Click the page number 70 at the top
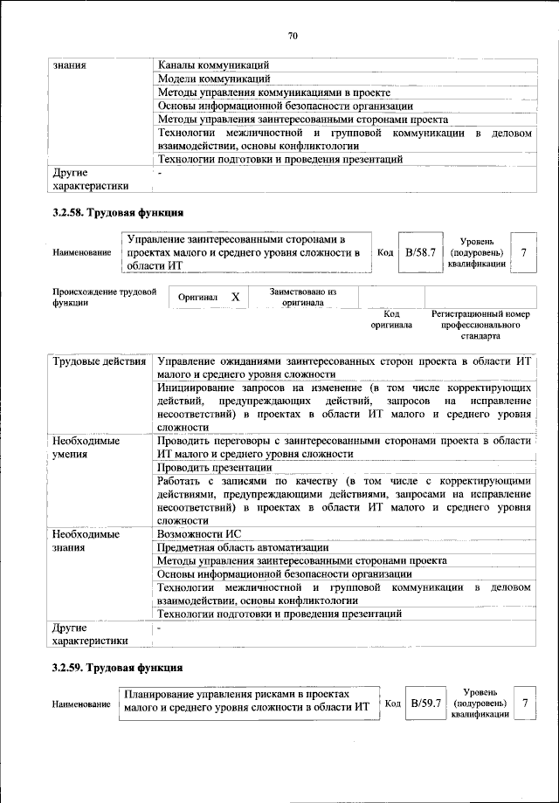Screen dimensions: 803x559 click(x=293, y=36)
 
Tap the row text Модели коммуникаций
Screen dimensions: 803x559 click(x=211, y=79)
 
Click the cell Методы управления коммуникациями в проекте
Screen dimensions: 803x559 click(x=273, y=93)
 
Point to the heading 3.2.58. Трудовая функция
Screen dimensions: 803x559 click(x=117, y=213)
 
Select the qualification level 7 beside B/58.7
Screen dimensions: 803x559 click(x=523, y=252)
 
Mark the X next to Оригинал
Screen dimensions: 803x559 click(x=236, y=298)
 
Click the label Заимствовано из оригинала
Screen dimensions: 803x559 click(x=303, y=297)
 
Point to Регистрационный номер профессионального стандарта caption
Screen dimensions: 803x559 click(x=480, y=324)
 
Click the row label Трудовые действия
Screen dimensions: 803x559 click(x=99, y=361)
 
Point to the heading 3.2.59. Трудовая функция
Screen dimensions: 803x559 click(x=117, y=669)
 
